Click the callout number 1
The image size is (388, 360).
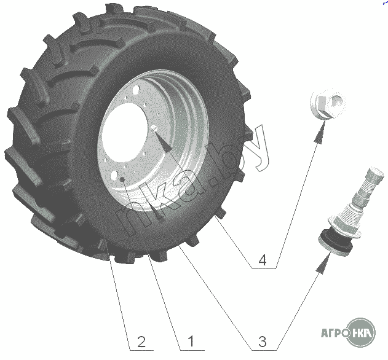click(x=191, y=342)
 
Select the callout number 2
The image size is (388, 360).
click(x=141, y=342)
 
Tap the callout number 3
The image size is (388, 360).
click(x=263, y=342)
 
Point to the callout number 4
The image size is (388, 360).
click(x=263, y=260)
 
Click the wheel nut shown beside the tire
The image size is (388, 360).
click(x=328, y=104)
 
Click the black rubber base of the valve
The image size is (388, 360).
click(x=335, y=243)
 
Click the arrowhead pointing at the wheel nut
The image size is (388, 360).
click(x=320, y=132)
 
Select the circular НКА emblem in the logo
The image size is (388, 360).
click(x=362, y=333)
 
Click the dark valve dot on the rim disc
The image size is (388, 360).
click(x=122, y=179)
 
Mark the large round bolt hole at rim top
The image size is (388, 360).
click(x=136, y=90)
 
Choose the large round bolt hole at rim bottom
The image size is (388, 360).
click(x=114, y=176)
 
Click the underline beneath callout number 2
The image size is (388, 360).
click(x=142, y=350)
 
